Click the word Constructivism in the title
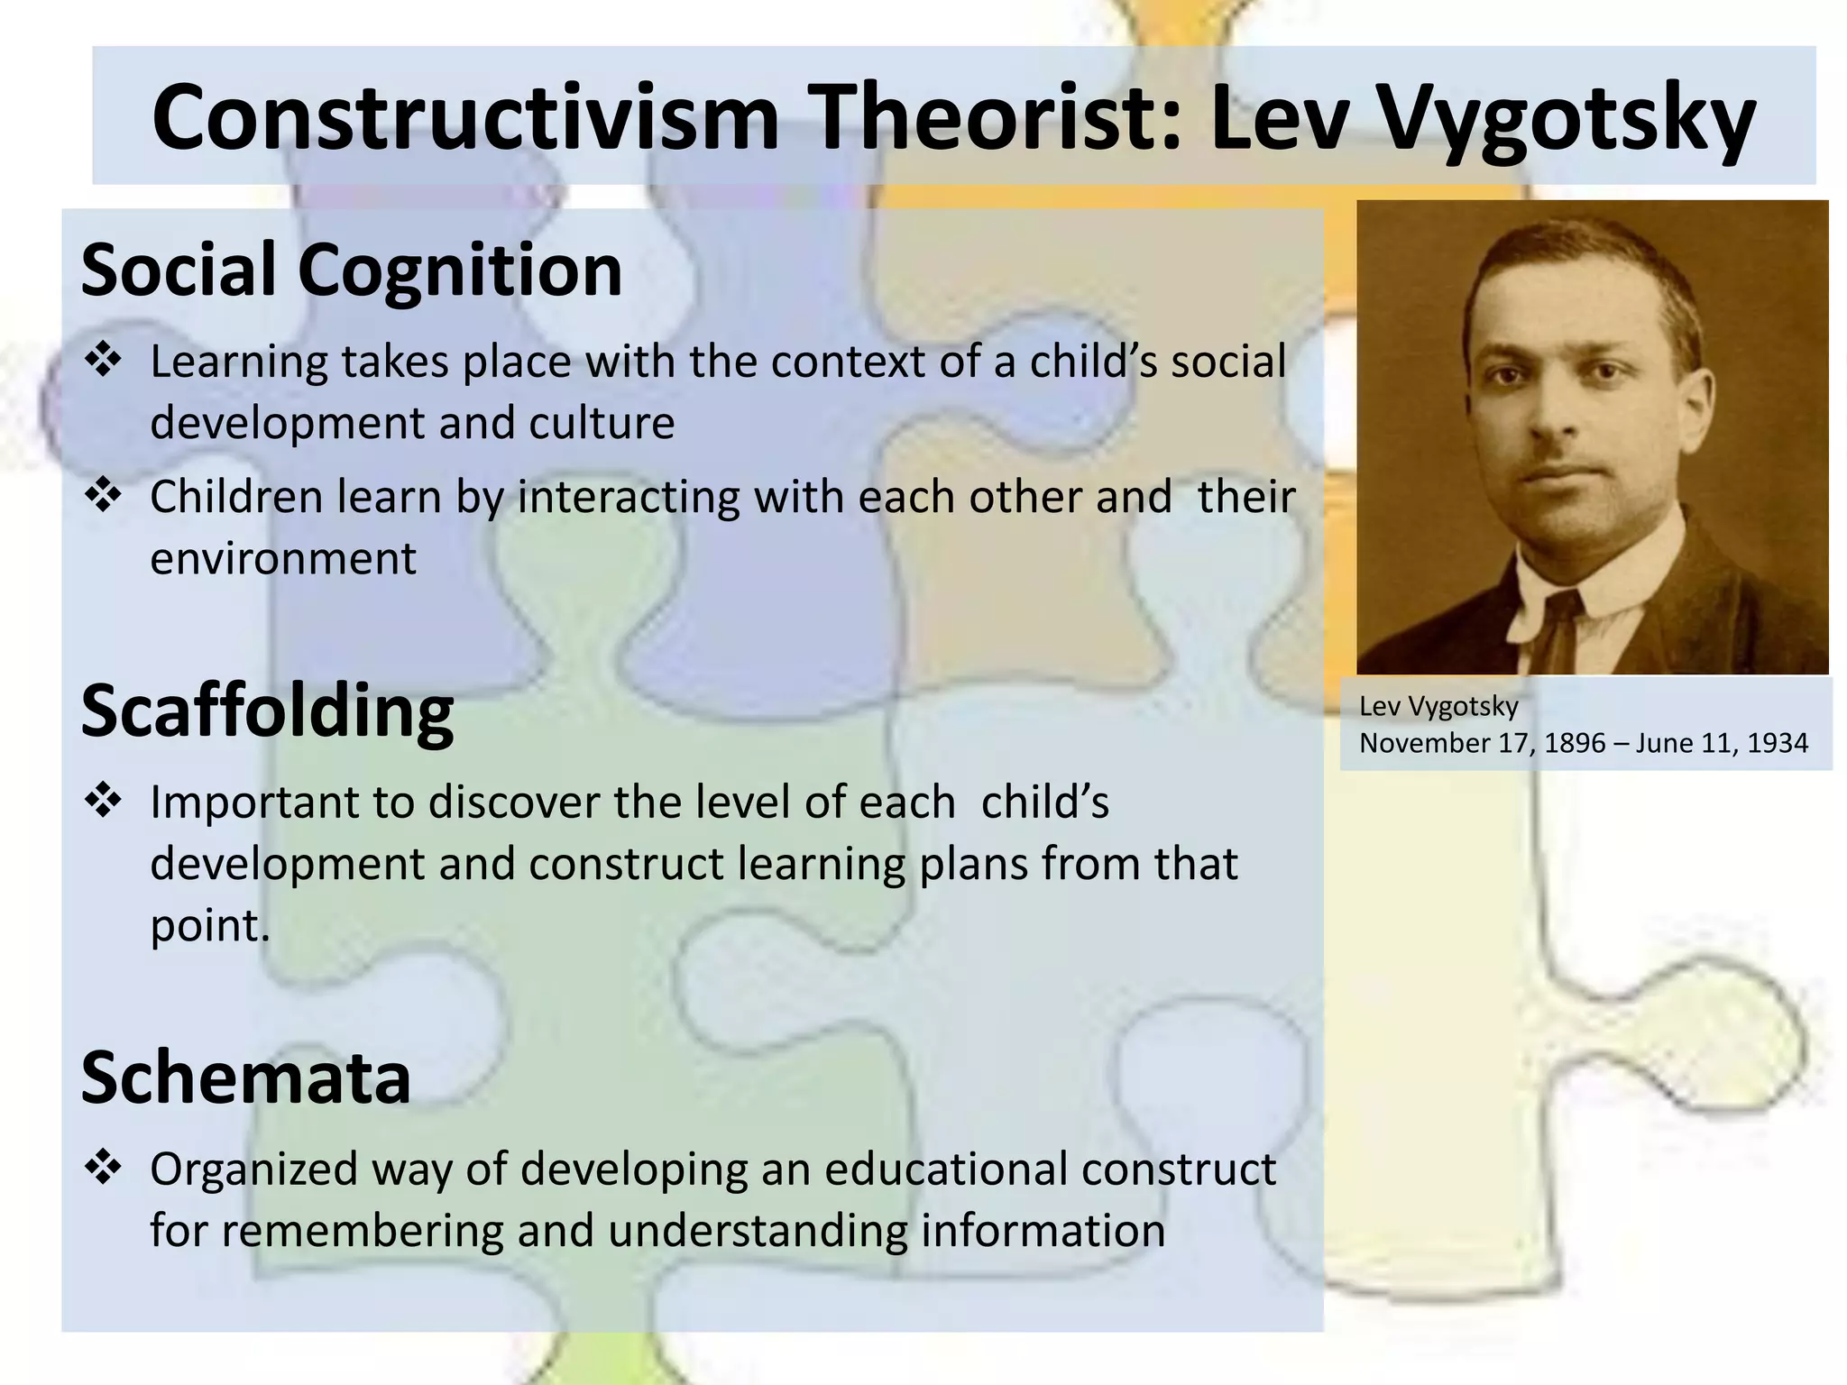tap(464, 117)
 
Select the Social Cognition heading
tap(352, 270)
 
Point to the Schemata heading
tap(246, 1078)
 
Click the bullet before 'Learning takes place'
tap(103, 361)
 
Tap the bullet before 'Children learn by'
tap(103, 496)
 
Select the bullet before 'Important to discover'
tap(103, 801)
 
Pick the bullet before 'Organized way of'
tap(103, 1168)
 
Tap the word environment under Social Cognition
tap(283, 558)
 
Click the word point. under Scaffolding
tap(210, 926)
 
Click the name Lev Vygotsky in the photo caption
tap(1438, 706)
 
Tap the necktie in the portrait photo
tap(1558, 631)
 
